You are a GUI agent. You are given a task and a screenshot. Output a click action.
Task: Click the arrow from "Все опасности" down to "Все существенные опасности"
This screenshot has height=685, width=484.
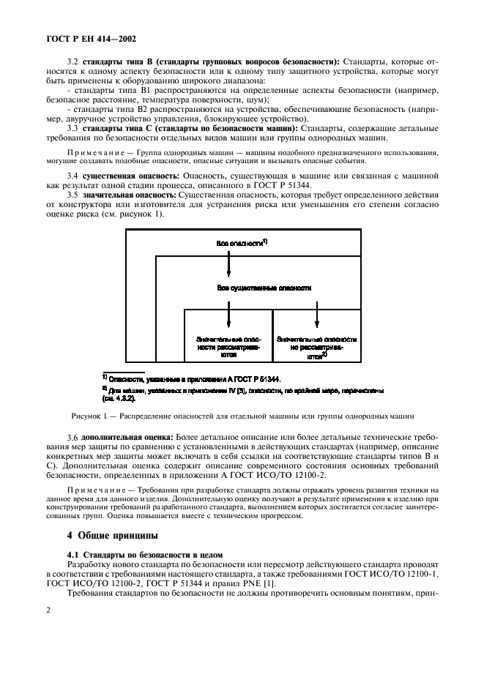click(x=228, y=262)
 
